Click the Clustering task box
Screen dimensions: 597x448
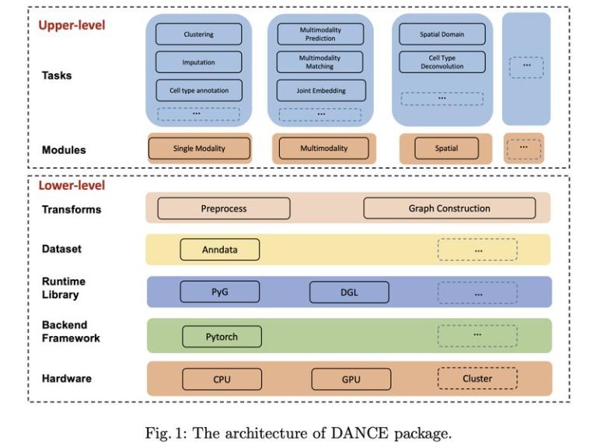click(x=199, y=34)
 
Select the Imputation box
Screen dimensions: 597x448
click(x=199, y=62)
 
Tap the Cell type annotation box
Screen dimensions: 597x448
click(x=199, y=90)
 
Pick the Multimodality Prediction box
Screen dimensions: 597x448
click(x=320, y=34)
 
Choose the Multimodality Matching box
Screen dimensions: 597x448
click(x=319, y=62)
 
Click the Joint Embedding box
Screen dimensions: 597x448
click(x=321, y=90)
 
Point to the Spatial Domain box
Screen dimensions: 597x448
click(x=442, y=34)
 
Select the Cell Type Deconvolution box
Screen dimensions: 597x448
click(x=442, y=62)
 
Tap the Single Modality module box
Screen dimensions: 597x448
click(x=199, y=149)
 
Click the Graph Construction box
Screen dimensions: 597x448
click(x=449, y=208)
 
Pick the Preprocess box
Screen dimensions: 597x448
click(x=224, y=208)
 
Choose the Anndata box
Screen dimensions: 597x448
click(x=220, y=250)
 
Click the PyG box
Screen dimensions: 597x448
click(x=220, y=292)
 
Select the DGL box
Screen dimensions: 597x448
click(x=349, y=292)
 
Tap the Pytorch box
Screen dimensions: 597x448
click(x=222, y=337)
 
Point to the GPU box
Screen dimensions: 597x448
click(x=351, y=379)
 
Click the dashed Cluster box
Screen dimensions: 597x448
click(x=477, y=378)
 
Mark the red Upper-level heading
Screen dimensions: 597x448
click(x=72, y=25)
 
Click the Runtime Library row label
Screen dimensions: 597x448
click(x=63, y=288)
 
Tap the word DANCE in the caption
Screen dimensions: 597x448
click(x=359, y=433)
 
